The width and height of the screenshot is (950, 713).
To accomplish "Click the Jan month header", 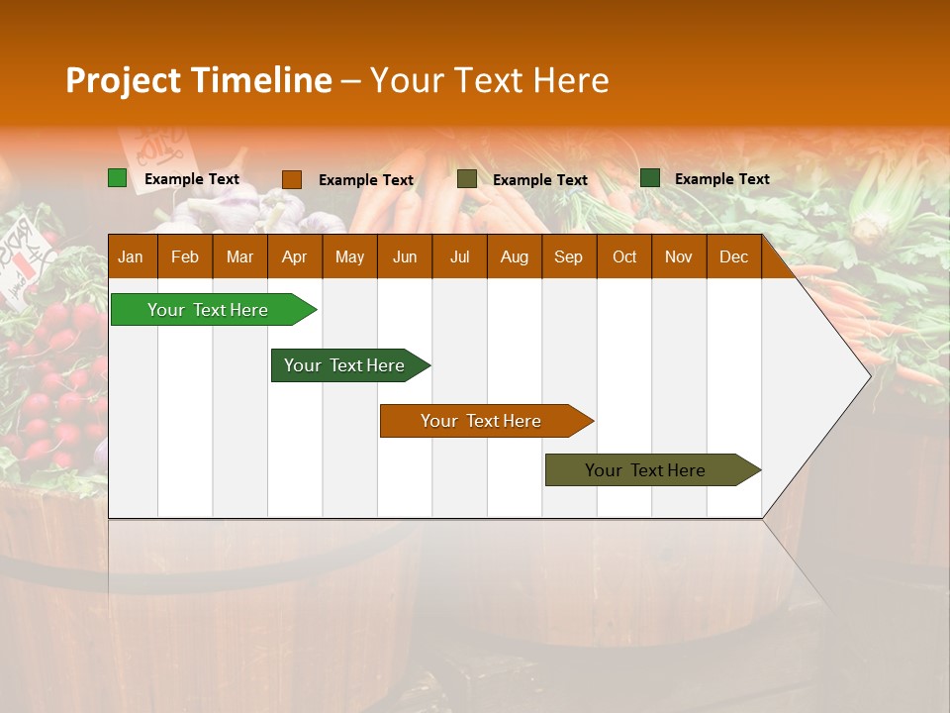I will tap(131, 257).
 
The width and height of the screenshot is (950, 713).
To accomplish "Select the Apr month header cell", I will tap(294, 257).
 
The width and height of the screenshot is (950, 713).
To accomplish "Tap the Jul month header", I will tap(459, 257).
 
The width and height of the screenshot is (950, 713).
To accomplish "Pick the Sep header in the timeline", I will tap(568, 257).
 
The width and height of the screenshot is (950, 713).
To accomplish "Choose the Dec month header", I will tap(733, 257).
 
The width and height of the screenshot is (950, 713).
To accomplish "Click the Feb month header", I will tap(185, 257).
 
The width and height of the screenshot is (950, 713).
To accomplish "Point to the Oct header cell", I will tap(624, 257).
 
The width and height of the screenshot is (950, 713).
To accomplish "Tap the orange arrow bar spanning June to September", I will tap(482, 421).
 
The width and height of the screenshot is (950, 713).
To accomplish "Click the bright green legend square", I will tap(118, 178).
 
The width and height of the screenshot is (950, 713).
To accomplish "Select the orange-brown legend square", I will tap(292, 179).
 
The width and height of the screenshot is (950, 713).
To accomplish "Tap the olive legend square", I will tap(467, 179).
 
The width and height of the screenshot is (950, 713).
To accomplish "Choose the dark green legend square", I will tap(650, 178).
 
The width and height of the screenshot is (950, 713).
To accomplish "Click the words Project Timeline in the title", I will tap(198, 81).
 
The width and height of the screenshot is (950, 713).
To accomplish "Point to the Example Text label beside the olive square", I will tap(540, 180).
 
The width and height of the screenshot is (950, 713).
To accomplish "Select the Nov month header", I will tap(678, 257).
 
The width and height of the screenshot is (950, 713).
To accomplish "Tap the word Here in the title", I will tap(571, 81).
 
